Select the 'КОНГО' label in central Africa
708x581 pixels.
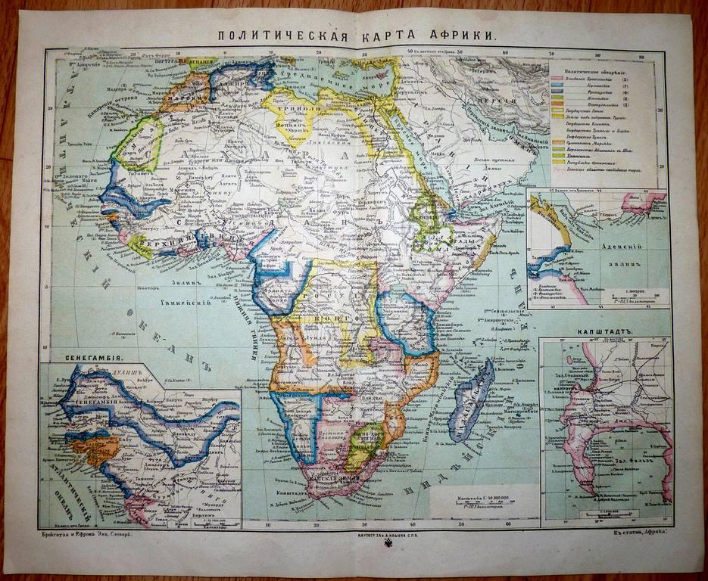pos(321,320)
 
